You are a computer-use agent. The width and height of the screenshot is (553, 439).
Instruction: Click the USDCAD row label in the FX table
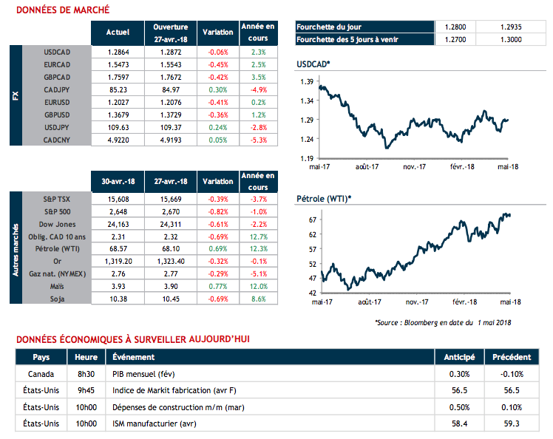point(56,53)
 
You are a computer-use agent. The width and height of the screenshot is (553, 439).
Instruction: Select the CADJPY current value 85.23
point(118,89)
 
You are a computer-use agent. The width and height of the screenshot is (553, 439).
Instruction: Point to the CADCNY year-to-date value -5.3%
point(258,139)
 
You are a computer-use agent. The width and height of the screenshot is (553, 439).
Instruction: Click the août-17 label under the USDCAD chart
point(367,167)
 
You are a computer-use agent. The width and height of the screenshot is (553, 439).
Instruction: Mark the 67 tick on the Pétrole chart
point(312,220)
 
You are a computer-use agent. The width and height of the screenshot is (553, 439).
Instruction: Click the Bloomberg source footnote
point(443,321)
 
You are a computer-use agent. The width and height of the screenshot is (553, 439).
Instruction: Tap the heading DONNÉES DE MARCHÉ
point(63,10)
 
